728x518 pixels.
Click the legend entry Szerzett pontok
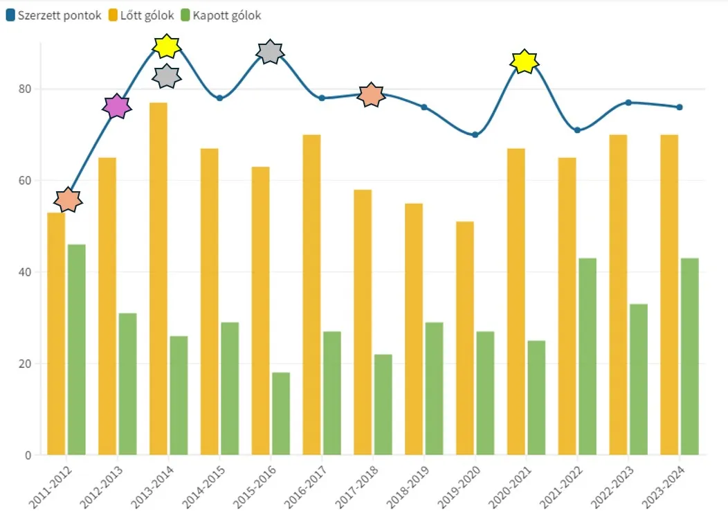coord(54,15)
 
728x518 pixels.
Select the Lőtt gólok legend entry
coord(141,15)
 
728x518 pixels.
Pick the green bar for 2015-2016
coord(281,413)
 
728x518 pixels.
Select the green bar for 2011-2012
coord(77,350)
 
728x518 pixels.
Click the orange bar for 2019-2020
coord(465,338)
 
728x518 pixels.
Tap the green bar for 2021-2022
coord(588,357)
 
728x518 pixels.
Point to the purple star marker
coord(117,107)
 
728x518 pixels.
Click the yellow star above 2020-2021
coord(525,62)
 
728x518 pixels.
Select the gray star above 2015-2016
coord(269,52)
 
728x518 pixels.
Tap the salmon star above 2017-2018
coord(371,95)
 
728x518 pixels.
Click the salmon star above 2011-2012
coord(68,200)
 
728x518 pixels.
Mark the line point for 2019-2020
coord(475,134)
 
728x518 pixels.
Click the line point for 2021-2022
coord(577,130)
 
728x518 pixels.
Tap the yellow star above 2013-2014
coord(167,46)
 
